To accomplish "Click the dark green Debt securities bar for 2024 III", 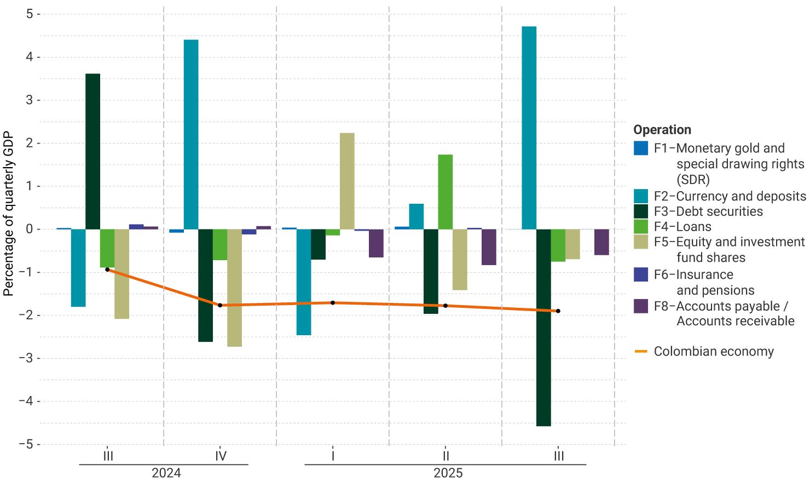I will [x=93, y=151].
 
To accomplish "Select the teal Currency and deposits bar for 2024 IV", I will [x=191, y=134].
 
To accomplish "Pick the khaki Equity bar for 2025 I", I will [x=347, y=181].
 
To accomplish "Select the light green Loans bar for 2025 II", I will [x=445, y=192].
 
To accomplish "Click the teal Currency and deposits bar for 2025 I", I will [x=304, y=282].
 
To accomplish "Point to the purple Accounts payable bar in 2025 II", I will [x=489, y=247].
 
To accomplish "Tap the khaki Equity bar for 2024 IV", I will [x=234, y=288].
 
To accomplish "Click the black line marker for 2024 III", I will [x=107, y=269].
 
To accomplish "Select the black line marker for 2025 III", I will [x=558, y=311].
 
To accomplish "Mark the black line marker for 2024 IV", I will [x=220, y=305].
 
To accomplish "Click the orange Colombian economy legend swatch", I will [x=641, y=352].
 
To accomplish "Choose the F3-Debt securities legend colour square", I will [x=641, y=211].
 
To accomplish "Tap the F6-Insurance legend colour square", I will [x=641, y=275].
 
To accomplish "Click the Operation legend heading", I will [x=662, y=130].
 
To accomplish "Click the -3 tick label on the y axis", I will [x=26, y=358].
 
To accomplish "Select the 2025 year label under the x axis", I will [x=448, y=473].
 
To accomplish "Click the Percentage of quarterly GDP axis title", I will [x=8, y=214].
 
